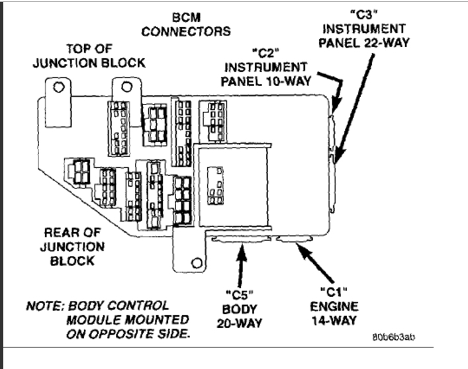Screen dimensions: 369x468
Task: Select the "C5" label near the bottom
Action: (238, 293)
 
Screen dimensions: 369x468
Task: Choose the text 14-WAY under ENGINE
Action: (334, 321)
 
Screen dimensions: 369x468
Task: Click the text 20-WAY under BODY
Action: (238, 322)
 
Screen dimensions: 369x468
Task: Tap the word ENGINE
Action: (334, 307)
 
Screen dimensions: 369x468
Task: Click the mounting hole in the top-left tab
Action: (58, 87)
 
